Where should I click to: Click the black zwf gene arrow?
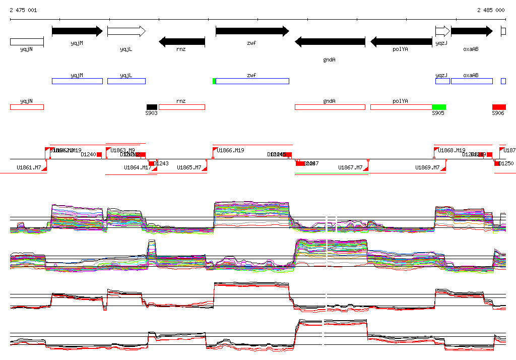click(x=252, y=31)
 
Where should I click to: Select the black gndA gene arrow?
click(x=330, y=42)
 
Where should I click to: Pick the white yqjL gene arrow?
click(x=126, y=31)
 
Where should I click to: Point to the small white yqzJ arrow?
click(x=442, y=31)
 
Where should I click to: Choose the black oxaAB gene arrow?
click(x=471, y=31)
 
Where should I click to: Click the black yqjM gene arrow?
click(x=77, y=31)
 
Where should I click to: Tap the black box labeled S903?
click(x=152, y=107)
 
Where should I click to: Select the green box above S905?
click(x=439, y=107)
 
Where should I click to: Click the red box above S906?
click(x=499, y=107)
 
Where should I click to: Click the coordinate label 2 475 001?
click(x=23, y=10)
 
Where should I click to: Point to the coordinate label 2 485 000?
click(x=490, y=10)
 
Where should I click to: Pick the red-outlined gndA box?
click(x=330, y=107)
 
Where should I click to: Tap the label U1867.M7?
click(x=350, y=167)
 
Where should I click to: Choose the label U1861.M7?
click(x=29, y=167)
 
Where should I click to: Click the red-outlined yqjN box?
click(x=27, y=107)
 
